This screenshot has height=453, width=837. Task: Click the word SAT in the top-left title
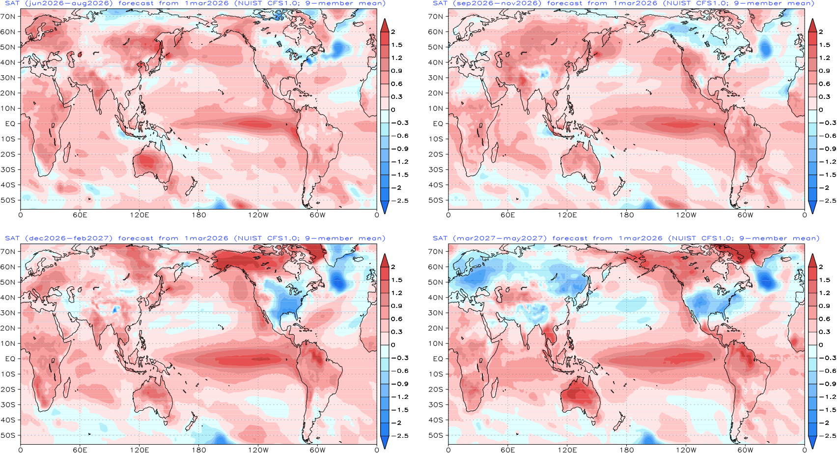pyautogui.click(x=12, y=3)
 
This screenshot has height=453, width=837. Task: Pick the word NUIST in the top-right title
pyautogui.click(x=678, y=3)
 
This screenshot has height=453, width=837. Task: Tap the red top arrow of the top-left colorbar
pyautogui.click(x=385, y=26)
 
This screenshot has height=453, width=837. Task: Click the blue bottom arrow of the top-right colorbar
pyautogui.click(x=812, y=207)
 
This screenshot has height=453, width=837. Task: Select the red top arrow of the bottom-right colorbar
pyautogui.click(x=812, y=261)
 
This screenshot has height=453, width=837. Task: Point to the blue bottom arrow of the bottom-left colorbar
pyautogui.click(x=385, y=442)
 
